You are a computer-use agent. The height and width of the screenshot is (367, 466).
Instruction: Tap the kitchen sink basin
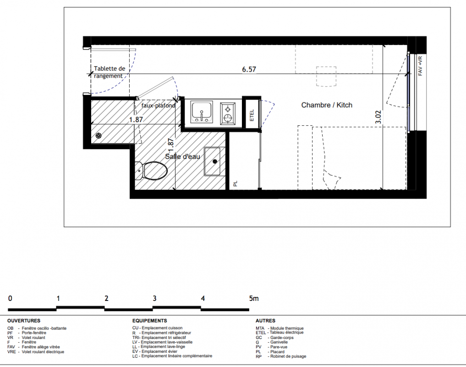pyautogui.click(x=202, y=112)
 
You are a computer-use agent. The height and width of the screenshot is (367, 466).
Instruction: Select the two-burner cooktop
pyautogui.click(x=228, y=113)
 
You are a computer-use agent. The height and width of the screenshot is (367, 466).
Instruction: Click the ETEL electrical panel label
pyautogui.click(x=252, y=115)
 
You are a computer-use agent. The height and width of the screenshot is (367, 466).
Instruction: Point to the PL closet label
pyautogui.click(x=236, y=183)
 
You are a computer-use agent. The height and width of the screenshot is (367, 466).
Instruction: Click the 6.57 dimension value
pyautogui.click(x=249, y=69)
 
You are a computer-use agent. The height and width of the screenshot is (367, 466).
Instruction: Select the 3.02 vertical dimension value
pyautogui.click(x=378, y=117)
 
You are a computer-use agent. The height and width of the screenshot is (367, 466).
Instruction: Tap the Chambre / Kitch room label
pyautogui.click(x=327, y=105)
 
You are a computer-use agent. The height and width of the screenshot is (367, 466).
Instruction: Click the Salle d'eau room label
pyautogui.click(x=182, y=156)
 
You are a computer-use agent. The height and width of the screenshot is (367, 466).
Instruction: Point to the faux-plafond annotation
pyautogui.click(x=158, y=106)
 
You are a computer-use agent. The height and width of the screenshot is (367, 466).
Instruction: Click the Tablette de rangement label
pyautogui.click(x=110, y=72)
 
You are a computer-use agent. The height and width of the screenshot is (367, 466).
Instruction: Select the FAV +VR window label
pyautogui.click(x=420, y=66)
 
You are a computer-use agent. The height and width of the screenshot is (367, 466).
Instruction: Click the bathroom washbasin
pyautogui.click(x=212, y=161)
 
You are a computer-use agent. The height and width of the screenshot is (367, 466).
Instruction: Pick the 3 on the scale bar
pyautogui.click(x=154, y=298)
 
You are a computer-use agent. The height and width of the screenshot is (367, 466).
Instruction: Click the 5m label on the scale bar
pyautogui.click(x=254, y=298)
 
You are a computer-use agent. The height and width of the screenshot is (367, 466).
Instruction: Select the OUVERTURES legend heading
pyautogui.click(x=24, y=321)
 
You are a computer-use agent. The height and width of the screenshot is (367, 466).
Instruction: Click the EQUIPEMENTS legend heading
pyautogui.click(x=150, y=321)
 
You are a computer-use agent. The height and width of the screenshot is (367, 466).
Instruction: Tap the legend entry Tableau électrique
pyautogui.click(x=286, y=333)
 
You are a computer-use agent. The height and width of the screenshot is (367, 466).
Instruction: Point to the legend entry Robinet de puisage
pyautogui.click(x=288, y=356)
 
